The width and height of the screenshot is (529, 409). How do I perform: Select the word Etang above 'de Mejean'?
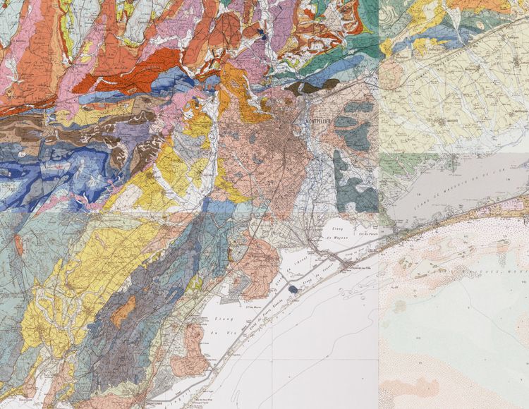click(337, 228)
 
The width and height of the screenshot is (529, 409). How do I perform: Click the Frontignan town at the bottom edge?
click(158, 404)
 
